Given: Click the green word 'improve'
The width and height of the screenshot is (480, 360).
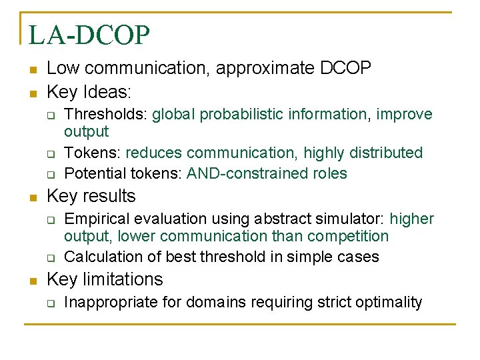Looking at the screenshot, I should pyautogui.click(x=404, y=115).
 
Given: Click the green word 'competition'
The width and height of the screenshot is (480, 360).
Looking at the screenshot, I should pyautogui.click(x=350, y=236).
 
